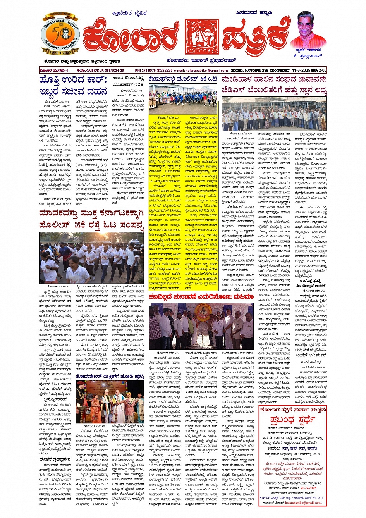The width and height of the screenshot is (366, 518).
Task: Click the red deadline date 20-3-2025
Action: pyautogui.click(x=306, y=488)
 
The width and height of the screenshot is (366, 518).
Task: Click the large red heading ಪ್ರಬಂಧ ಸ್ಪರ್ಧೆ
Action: pyautogui.click(x=293, y=420)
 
